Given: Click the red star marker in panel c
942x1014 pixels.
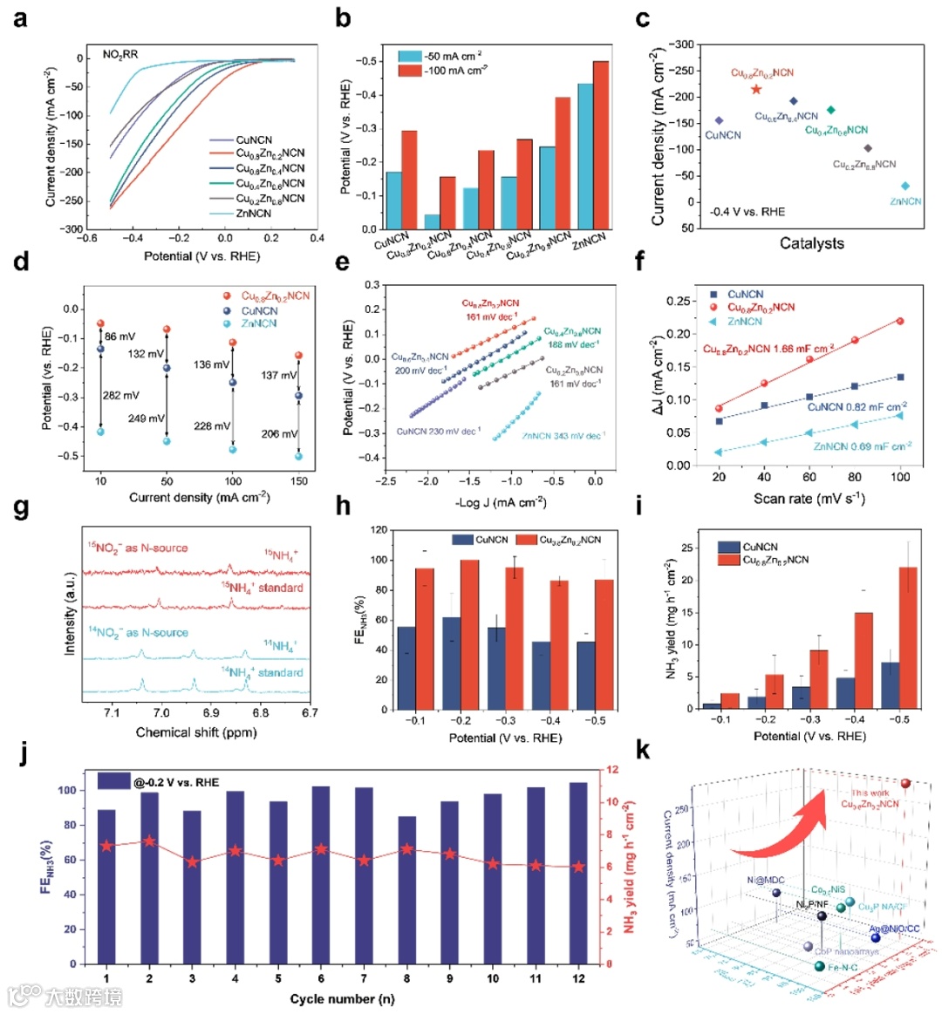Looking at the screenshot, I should tap(756, 89).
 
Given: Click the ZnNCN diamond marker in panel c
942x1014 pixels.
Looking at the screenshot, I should tap(905, 186).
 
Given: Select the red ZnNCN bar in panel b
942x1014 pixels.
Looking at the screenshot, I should tap(601, 145).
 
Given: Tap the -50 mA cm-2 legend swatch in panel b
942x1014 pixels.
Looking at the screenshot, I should tap(410, 57).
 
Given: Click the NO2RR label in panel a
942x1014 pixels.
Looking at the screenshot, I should tap(120, 55).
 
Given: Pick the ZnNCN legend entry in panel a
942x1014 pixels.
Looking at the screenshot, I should tap(254, 214).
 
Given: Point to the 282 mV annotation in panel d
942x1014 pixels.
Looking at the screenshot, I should tap(121, 396).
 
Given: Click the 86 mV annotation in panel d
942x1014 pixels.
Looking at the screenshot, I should tap(120, 337).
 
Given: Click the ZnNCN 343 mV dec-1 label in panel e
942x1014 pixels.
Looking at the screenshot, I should tap(563, 436).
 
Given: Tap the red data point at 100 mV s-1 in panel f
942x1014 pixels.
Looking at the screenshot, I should tap(900, 322).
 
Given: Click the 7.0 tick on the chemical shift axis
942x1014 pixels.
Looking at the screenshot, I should tap(161, 713).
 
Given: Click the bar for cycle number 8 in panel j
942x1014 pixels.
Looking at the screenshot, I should tap(406, 889).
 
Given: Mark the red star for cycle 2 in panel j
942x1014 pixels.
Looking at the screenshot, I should tap(149, 841).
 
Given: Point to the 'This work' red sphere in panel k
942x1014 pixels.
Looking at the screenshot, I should tap(905, 784).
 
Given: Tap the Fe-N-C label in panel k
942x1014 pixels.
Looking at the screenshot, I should tap(843, 969).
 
